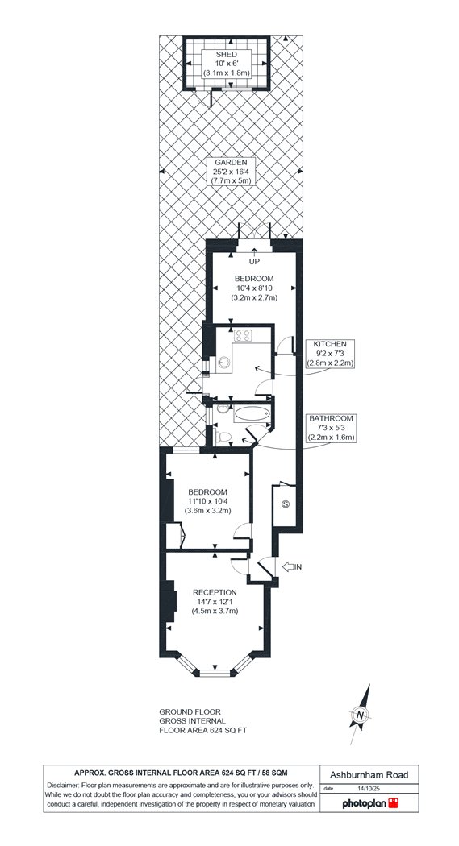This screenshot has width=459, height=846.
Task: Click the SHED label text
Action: point(226,55)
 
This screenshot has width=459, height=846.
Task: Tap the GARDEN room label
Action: point(230,163)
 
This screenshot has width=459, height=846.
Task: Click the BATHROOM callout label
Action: point(330,418)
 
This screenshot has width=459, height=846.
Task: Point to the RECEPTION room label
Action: point(215,592)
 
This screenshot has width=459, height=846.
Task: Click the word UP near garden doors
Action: point(254,262)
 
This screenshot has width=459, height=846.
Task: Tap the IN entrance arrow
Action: point(291,566)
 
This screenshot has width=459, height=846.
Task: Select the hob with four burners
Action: point(243,336)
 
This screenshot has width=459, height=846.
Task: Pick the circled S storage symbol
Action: point(286,504)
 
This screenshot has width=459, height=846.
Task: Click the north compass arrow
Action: point(361,715)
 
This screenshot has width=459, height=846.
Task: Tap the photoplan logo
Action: point(370,803)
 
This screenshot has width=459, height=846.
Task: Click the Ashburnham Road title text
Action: point(369,775)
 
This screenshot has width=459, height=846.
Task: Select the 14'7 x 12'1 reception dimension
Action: point(215,602)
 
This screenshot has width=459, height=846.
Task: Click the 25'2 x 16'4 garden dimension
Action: point(231,172)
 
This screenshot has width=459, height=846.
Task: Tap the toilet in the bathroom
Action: point(223,436)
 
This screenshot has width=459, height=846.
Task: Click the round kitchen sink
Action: point(223,363)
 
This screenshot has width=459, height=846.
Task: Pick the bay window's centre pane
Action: point(215,673)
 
